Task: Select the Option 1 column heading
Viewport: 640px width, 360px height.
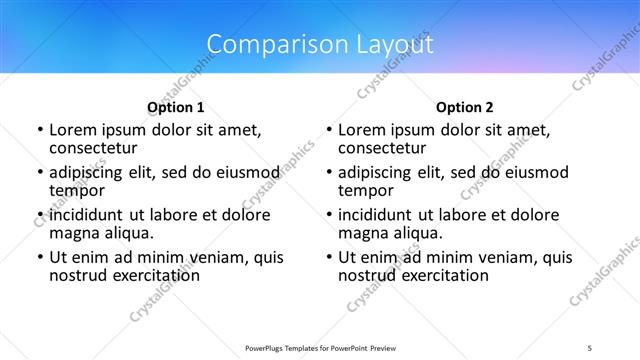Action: pyautogui.click(x=176, y=107)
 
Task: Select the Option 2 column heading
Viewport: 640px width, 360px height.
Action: pyautogui.click(x=465, y=107)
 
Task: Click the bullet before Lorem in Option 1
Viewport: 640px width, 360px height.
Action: pyautogui.click(x=39, y=130)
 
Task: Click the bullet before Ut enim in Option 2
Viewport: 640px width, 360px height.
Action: pyautogui.click(x=329, y=257)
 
